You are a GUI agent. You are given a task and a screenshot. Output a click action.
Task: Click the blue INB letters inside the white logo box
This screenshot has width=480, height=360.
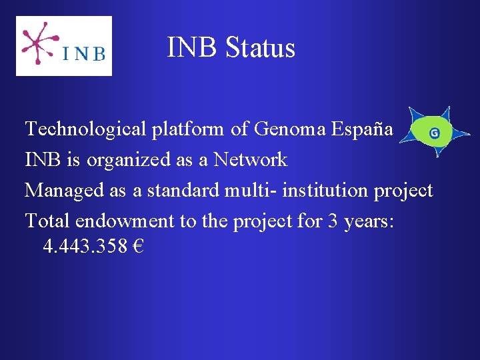(x=84, y=53)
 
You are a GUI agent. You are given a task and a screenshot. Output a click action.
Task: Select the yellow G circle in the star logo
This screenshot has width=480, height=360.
(x=434, y=133)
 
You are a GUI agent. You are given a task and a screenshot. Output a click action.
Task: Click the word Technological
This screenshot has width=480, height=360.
(x=85, y=129)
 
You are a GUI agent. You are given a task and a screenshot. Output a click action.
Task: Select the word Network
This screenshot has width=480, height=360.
(x=250, y=160)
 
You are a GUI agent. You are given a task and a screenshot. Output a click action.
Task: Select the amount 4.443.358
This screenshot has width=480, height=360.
(x=85, y=247)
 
